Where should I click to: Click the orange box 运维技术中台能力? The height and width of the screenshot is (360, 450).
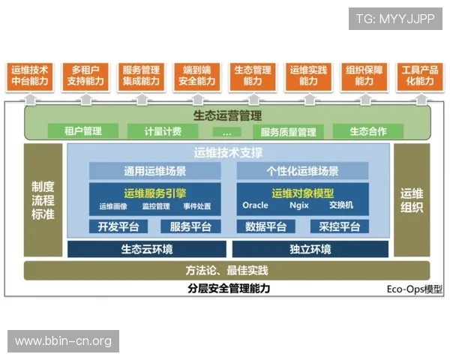(x=30, y=75)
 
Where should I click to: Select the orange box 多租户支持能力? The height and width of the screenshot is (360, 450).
(x=83, y=75)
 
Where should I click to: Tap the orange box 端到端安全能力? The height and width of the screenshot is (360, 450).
(x=194, y=75)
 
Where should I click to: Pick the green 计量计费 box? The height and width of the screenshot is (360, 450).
(x=162, y=131)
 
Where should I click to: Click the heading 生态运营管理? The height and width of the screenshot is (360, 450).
(x=227, y=115)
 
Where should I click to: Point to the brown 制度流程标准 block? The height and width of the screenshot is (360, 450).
(x=43, y=199)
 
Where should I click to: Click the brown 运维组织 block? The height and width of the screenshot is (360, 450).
(x=412, y=199)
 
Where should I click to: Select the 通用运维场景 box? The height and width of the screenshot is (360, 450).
(x=155, y=171)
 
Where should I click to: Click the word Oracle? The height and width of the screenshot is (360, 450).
(x=255, y=205)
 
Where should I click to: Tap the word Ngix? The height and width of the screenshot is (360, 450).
(x=298, y=205)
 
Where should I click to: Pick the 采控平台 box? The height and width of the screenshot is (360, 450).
(x=339, y=226)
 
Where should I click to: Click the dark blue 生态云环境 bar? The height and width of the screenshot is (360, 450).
(x=147, y=249)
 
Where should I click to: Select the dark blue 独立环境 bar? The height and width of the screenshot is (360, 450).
(x=310, y=249)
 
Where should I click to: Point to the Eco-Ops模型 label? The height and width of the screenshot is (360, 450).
(x=414, y=289)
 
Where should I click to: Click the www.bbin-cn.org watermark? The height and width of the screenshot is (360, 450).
(x=63, y=341)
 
